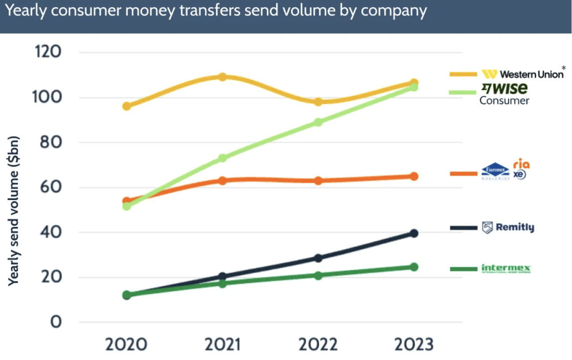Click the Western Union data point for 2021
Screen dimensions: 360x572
[x=222, y=77]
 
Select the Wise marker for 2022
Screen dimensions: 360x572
[x=318, y=122]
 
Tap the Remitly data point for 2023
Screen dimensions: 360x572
[x=414, y=233]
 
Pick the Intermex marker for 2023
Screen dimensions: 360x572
[x=414, y=267]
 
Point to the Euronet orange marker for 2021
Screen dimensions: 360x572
[x=222, y=180]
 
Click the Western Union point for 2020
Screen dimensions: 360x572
[x=127, y=106]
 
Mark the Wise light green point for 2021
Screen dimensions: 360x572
[x=222, y=158]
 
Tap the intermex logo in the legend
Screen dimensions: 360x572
[x=506, y=268]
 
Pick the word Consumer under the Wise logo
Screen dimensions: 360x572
[x=504, y=101]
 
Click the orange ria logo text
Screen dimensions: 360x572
[x=521, y=165]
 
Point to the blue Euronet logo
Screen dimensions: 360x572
[x=495, y=172]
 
